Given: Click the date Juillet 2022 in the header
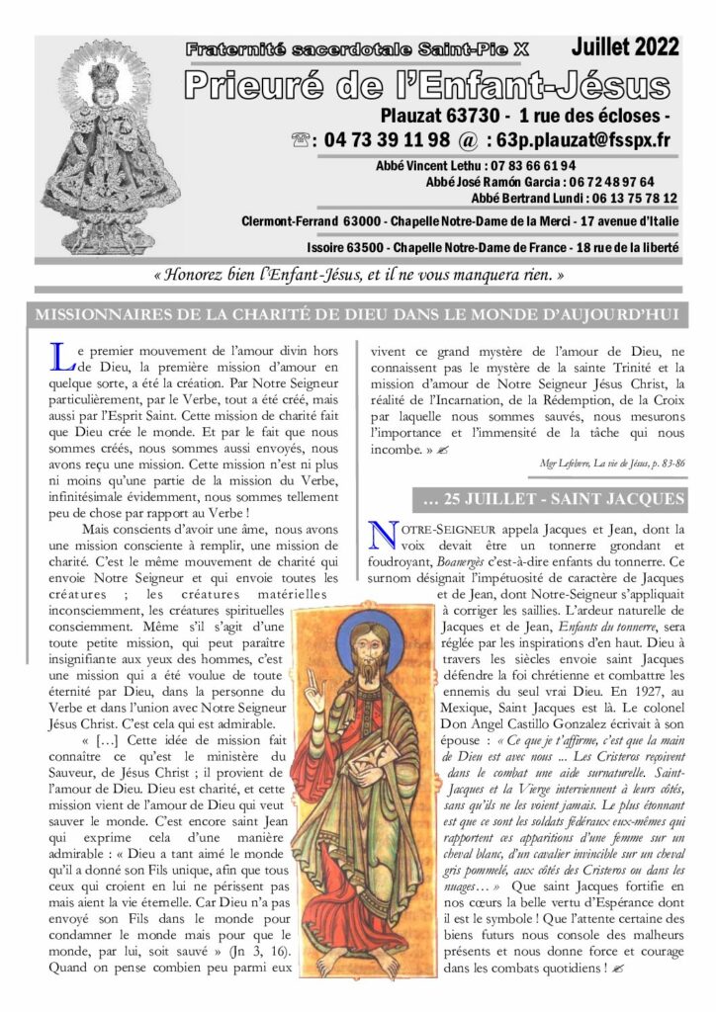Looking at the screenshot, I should coord(625,46).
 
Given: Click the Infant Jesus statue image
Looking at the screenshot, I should coord(96,148).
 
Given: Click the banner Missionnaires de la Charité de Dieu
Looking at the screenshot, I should coord(357,316).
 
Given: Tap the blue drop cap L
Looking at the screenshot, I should coord(58,356).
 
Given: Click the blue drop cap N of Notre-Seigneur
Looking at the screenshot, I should coord(382,534).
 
